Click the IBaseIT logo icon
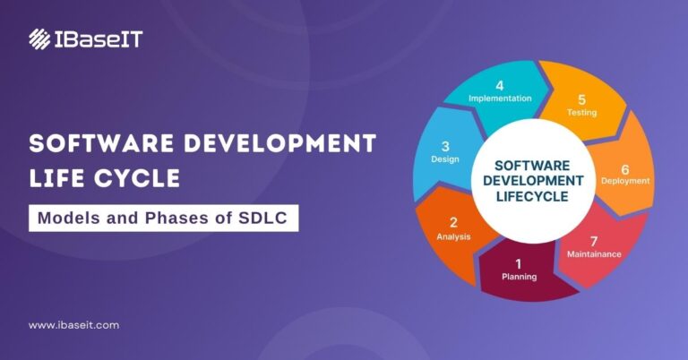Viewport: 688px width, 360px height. coord(39,39)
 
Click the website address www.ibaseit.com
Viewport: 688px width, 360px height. coord(73,325)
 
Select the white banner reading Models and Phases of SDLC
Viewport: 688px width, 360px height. coord(163,218)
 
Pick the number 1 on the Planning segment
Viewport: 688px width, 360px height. coord(518,263)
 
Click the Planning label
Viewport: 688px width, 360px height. coord(520,277)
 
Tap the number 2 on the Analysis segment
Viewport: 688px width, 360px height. coord(453,222)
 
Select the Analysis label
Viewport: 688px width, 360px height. coord(453,236)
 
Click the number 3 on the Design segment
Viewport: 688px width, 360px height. coord(445,145)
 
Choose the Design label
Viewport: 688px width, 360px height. coord(445,159)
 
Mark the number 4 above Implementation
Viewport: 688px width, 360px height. coord(500,86)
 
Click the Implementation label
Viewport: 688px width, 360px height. coord(500,99)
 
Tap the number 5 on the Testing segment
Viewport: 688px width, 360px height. coord(581,99)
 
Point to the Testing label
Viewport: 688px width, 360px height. coord(581,113)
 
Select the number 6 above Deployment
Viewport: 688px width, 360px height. coord(625,168)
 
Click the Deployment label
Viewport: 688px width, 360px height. coord(625,181)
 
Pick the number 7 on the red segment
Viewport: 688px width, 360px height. coord(593,240)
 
